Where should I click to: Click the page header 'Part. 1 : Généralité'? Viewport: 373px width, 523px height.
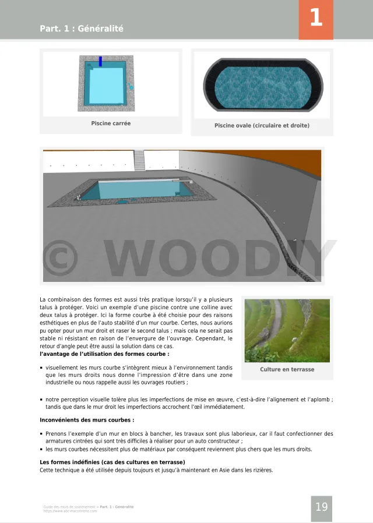[82, 29]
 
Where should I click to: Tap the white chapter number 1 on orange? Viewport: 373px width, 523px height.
[316, 18]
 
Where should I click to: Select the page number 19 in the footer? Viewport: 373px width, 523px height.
[322, 507]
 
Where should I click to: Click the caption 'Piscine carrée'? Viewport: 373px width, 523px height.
[111, 123]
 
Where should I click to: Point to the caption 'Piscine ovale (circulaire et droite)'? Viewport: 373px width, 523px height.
[262, 126]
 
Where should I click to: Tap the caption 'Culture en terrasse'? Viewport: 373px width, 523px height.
[287, 369]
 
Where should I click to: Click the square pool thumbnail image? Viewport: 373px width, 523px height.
[107, 83]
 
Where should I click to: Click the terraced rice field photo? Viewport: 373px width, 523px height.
[287, 330]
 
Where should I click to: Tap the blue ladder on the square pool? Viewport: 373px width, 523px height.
[100, 61]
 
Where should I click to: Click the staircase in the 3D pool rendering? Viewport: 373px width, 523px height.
[139, 160]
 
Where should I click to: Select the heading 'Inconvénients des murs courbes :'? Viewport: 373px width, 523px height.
[87, 420]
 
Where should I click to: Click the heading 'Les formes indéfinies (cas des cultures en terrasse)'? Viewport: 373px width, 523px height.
[112, 462]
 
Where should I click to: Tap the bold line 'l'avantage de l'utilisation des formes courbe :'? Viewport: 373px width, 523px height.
[104, 354]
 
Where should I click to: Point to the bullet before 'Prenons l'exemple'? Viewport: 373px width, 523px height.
[41, 434]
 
